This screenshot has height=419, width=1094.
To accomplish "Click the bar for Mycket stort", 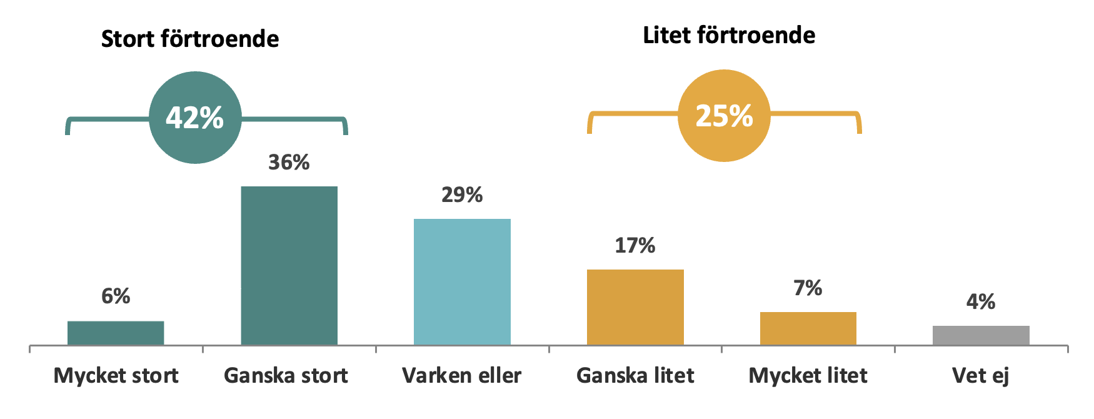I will tap(116, 333).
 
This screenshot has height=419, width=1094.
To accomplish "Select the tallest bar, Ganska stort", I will tap(289, 266).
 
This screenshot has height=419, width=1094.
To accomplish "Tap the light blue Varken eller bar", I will tap(462, 281).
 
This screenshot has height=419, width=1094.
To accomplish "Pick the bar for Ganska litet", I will tap(635, 307).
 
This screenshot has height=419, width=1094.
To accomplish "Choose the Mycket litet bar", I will tap(808, 328).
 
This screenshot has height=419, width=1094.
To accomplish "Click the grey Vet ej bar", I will tap(981, 335).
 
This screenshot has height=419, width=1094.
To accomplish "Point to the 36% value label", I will tap(289, 163).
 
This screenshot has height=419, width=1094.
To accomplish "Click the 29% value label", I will tap(462, 195).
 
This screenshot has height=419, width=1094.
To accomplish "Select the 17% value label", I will tap(635, 246).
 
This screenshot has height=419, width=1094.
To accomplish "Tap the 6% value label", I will tap(116, 296).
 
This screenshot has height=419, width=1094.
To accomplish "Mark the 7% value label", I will tap(808, 288).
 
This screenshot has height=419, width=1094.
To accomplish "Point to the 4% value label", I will tap(981, 303).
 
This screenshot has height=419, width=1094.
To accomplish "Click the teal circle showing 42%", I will tap(195, 118).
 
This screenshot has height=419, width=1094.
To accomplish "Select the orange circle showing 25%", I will tap(724, 116).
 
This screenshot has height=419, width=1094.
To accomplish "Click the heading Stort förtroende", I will tap(190, 39).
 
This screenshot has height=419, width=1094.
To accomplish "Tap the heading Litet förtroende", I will tap(729, 36).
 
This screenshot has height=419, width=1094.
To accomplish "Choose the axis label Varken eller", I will tap(462, 376).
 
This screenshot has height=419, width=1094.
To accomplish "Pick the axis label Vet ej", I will tap(981, 376).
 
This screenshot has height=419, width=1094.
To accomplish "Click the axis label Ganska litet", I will tap(635, 376).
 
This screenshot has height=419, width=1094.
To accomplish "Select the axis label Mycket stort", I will tap(116, 376).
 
